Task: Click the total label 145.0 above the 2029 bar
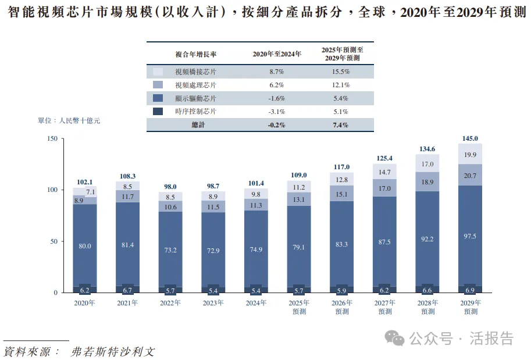[x=469, y=138]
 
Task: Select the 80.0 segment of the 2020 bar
[x=85, y=246]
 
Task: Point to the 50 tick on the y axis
[x=54, y=241]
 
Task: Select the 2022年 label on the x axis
[x=170, y=303]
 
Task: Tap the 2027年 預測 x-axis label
[x=384, y=307]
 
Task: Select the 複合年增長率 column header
[x=195, y=54]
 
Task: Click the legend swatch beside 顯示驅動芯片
[x=158, y=98]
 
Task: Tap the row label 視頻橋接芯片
[x=195, y=72]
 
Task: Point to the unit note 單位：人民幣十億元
[x=69, y=120]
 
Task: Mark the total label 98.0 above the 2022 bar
[x=170, y=187]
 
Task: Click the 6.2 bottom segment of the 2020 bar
[x=85, y=290]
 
